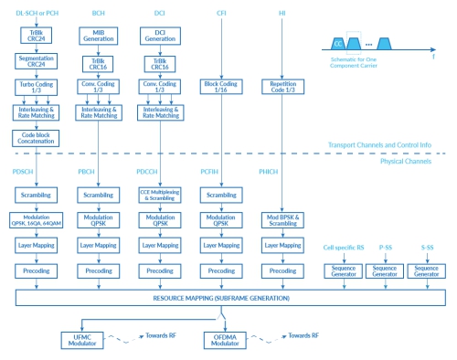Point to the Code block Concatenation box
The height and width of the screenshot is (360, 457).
click(x=35, y=137)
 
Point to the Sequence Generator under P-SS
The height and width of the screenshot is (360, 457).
click(x=384, y=270)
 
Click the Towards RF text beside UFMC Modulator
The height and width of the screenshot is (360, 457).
click(x=166, y=336)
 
